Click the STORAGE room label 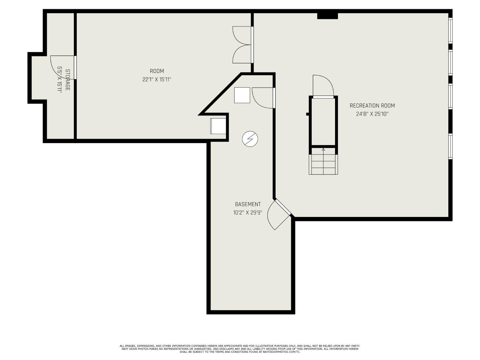click(68, 80)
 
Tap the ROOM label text click(157, 71)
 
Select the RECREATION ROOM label click(372, 106)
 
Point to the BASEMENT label click(248, 204)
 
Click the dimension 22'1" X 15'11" click(156, 79)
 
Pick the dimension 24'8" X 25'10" click(372, 114)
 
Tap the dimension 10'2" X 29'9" click(248, 212)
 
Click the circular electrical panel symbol click(250, 139)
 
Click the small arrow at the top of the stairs click(324, 149)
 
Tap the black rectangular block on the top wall click(327, 16)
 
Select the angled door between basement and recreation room click(279, 214)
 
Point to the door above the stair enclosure click(323, 86)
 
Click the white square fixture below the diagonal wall click(242, 95)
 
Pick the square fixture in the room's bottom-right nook click(218, 126)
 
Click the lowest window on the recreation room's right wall click(450, 146)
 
